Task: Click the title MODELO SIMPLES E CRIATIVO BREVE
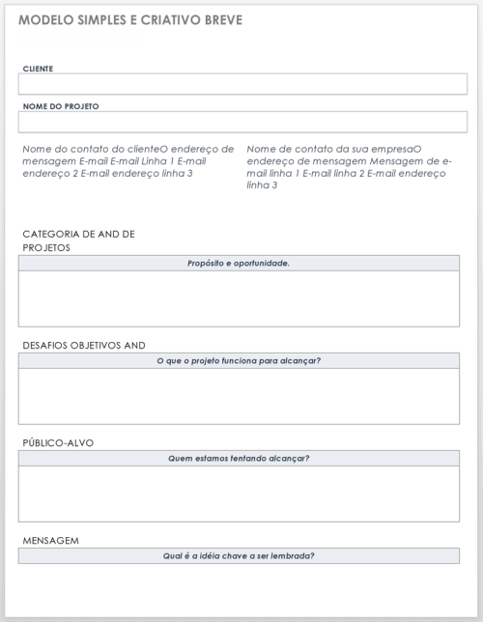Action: pyautogui.click(x=129, y=20)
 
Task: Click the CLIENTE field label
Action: pyautogui.click(x=38, y=69)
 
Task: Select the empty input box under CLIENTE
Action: pyautogui.click(x=242, y=84)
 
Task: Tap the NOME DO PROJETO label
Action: pyautogui.click(x=61, y=106)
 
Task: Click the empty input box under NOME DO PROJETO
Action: pyautogui.click(x=242, y=122)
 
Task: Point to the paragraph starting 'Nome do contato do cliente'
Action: pyautogui.click(x=128, y=160)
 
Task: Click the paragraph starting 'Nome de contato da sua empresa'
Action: pyautogui.click(x=350, y=166)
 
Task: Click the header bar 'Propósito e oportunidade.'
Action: pyautogui.click(x=239, y=263)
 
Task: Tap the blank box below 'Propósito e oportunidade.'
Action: pyautogui.click(x=239, y=297)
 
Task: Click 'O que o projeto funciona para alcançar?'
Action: pyautogui.click(x=239, y=360)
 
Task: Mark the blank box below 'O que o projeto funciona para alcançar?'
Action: pyautogui.click(x=239, y=396)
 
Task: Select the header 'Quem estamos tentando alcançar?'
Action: pyautogui.click(x=239, y=458)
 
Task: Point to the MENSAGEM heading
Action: pyautogui.click(x=50, y=540)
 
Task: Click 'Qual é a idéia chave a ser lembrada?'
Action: pyautogui.click(x=239, y=555)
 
